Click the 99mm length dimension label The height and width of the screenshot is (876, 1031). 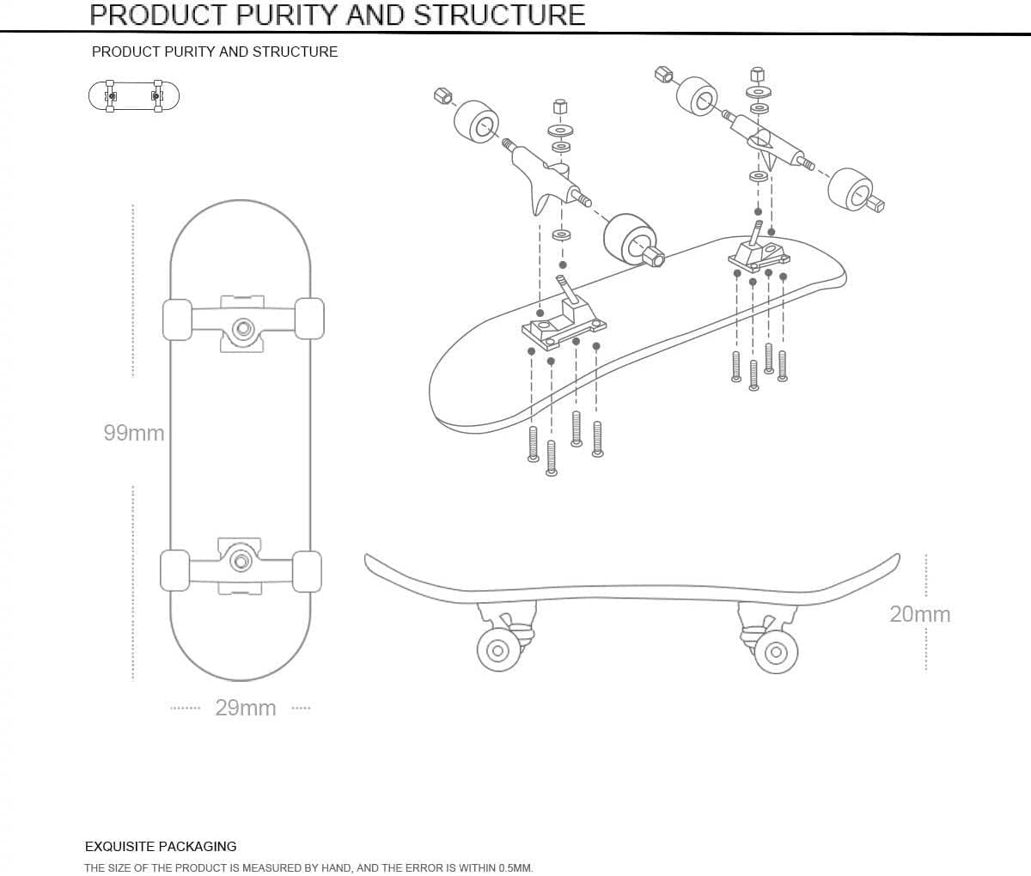click(134, 433)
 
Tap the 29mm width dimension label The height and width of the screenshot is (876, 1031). click(246, 708)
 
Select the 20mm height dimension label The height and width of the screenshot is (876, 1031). click(919, 614)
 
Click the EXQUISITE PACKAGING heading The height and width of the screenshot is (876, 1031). click(161, 846)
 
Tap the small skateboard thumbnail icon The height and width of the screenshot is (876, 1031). click(134, 95)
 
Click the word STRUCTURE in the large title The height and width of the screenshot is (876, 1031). click(499, 15)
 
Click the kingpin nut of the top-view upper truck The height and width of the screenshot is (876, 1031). click(243, 327)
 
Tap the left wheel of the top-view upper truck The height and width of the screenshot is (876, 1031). click(177, 319)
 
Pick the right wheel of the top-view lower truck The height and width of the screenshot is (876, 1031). click(307, 571)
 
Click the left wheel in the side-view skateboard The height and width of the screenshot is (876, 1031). click(497, 649)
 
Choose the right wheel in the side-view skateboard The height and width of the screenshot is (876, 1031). click(775, 652)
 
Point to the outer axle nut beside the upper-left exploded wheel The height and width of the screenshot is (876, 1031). click(443, 95)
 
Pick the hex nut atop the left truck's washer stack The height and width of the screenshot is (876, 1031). click(559, 108)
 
